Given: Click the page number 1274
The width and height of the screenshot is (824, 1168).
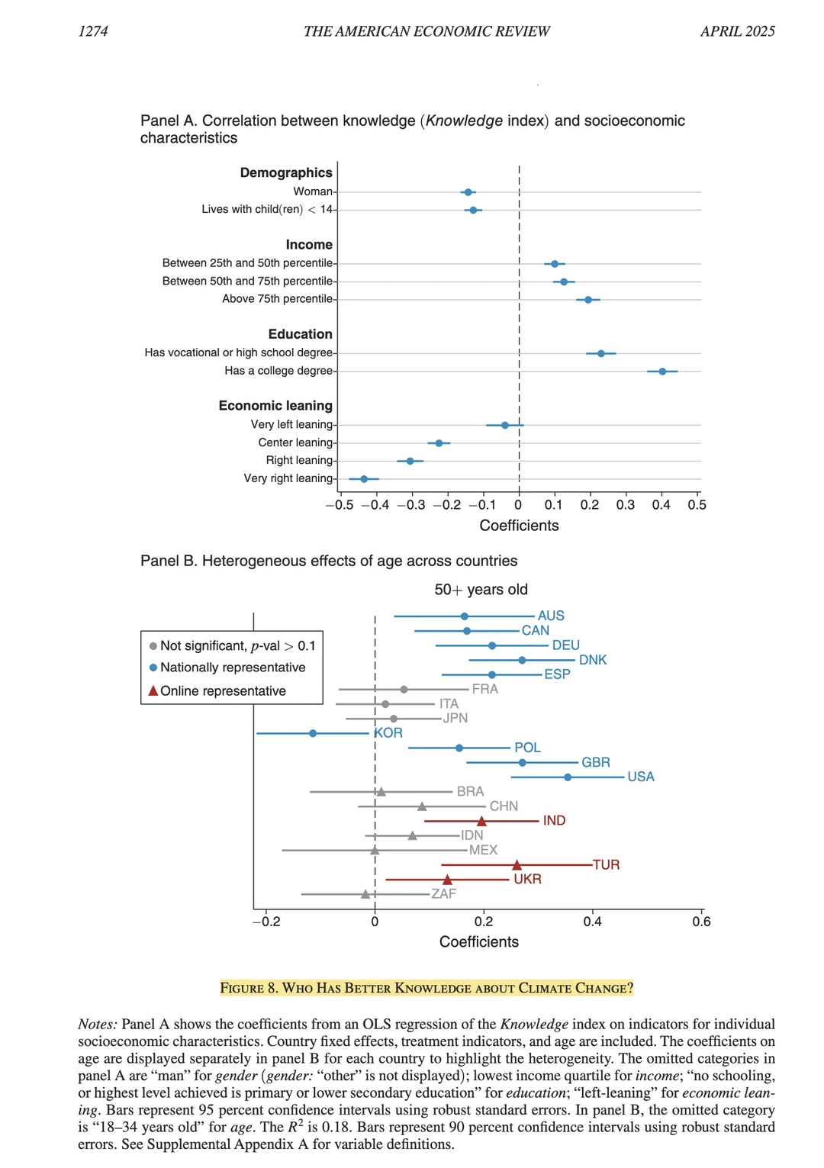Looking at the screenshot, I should click(x=93, y=31).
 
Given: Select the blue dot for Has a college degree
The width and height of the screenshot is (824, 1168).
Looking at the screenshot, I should click(x=662, y=372).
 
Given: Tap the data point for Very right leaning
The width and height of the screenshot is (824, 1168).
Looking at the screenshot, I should click(x=364, y=479).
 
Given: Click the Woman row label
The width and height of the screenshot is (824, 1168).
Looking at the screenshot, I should click(x=313, y=191).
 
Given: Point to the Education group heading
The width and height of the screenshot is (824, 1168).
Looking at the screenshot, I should click(x=300, y=334).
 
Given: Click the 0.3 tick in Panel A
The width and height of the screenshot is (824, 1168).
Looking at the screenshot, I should click(x=626, y=505).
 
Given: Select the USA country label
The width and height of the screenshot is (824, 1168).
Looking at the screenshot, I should click(x=641, y=777).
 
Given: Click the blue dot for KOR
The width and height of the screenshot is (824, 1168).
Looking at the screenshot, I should click(x=313, y=733).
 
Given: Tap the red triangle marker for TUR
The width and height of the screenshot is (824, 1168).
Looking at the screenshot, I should click(x=517, y=865).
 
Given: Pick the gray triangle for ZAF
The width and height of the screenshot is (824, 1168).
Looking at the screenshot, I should click(x=365, y=894).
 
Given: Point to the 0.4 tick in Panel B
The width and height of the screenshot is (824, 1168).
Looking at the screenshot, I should click(x=592, y=922).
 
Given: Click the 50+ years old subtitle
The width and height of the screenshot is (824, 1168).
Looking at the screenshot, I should click(x=481, y=590).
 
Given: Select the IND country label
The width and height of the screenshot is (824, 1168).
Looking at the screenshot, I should click(x=554, y=821).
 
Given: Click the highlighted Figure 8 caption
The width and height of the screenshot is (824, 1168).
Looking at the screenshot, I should click(x=426, y=988).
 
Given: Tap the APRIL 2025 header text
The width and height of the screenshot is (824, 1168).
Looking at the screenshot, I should click(x=737, y=31).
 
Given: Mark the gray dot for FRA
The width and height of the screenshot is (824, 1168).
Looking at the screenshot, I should click(x=404, y=690).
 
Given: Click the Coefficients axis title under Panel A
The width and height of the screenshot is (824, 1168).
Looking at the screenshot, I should click(x=519, y=526).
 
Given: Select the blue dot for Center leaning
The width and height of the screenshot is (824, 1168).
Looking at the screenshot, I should click(x=439, y=443).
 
